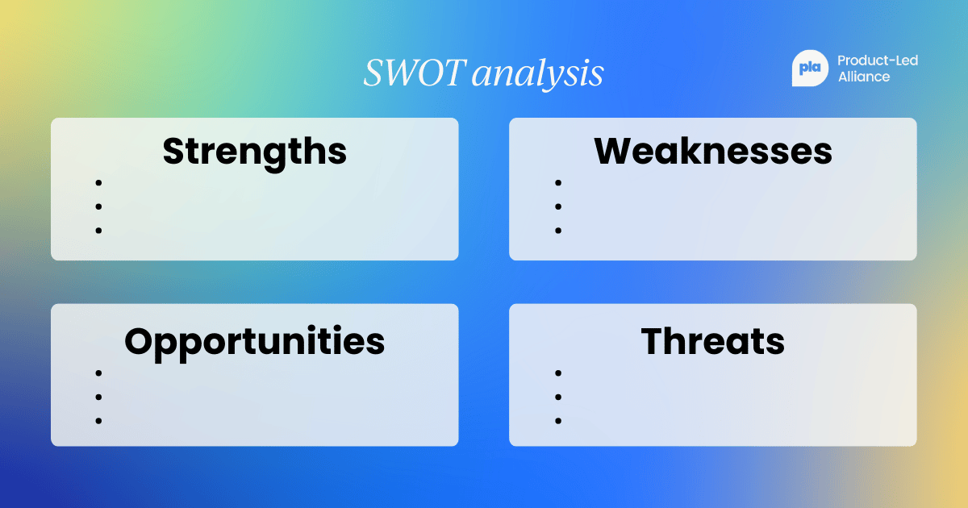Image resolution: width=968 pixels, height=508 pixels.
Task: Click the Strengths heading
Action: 255,151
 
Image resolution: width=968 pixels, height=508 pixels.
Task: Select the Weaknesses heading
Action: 713,151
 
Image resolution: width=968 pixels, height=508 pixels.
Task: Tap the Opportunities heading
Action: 255,341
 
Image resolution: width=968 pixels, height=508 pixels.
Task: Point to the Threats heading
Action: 713,341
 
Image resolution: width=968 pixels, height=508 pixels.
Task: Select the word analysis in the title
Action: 537,75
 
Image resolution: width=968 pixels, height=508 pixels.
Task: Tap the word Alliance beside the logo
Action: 864,77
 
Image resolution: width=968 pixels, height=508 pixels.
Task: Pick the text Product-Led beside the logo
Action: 878,60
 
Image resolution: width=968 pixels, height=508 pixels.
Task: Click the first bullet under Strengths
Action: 98,183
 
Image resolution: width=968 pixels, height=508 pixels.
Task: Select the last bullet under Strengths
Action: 98,231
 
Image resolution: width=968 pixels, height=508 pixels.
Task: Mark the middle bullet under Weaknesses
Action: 557,206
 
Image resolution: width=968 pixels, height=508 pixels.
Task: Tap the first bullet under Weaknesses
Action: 557,183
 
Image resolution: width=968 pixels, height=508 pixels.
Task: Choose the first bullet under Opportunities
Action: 98,373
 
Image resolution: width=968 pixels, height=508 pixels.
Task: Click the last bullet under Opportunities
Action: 98,421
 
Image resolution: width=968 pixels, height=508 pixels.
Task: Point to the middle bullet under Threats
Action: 557,397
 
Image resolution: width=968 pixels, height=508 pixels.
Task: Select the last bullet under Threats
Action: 557,421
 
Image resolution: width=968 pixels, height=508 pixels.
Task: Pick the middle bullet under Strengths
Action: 98,206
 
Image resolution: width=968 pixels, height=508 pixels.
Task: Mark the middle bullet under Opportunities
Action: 98,397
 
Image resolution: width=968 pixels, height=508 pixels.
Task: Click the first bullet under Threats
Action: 557,373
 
